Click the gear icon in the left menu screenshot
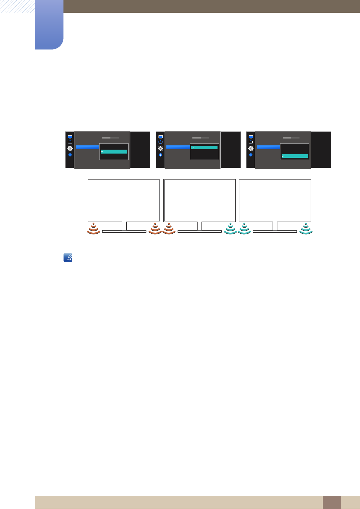pos(70,148)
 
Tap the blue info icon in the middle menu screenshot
pos(160,155)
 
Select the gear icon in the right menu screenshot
pos(251,148)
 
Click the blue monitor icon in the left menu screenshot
pos(70,137)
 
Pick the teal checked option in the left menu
pos(114,151)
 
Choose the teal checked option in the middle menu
pos(204,148)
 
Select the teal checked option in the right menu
pos(295,156)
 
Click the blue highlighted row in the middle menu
pos(178,147)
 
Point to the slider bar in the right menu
pos(291,138)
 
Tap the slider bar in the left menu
pos(110,138)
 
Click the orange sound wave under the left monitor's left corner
pos(94,229)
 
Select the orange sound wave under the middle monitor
pos(169,229)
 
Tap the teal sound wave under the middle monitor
pos(231,229)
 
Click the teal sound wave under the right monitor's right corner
pos(306,229)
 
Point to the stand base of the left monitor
pos(124,232)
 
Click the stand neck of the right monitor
pos(275,226)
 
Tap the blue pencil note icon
pos(68,258)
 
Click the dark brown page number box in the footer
pos(332,502)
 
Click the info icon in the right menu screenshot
pos(251,155)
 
